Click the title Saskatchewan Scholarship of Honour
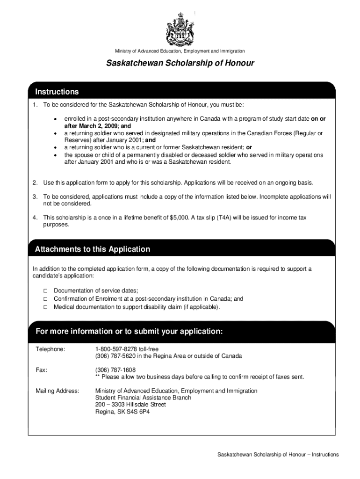coord(180,63)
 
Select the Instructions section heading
coord(57,92)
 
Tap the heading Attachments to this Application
coord(93,249)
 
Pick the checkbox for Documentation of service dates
coord(46,291)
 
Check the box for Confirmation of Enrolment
coord(46,299)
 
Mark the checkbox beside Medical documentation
coord(46,307)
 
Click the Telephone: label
coord(50,349)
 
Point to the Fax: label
coord(42,370)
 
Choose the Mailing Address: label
coord(58,391)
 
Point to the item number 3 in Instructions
coord(35,196)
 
